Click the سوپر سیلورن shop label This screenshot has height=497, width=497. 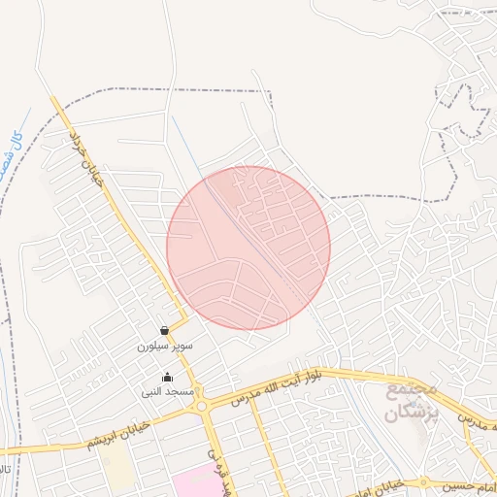[165, 346]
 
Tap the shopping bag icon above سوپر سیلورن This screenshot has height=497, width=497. [165, 330]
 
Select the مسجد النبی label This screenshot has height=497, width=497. [168, 392]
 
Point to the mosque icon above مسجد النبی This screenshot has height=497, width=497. [168, 378]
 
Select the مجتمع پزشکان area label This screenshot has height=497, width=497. [413, 400]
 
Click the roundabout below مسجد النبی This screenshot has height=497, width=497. [203, 408]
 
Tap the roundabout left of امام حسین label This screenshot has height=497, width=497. [424, 482]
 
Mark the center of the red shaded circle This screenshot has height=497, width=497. [248, 248]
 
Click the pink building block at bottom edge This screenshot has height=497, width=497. [199, 482]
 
